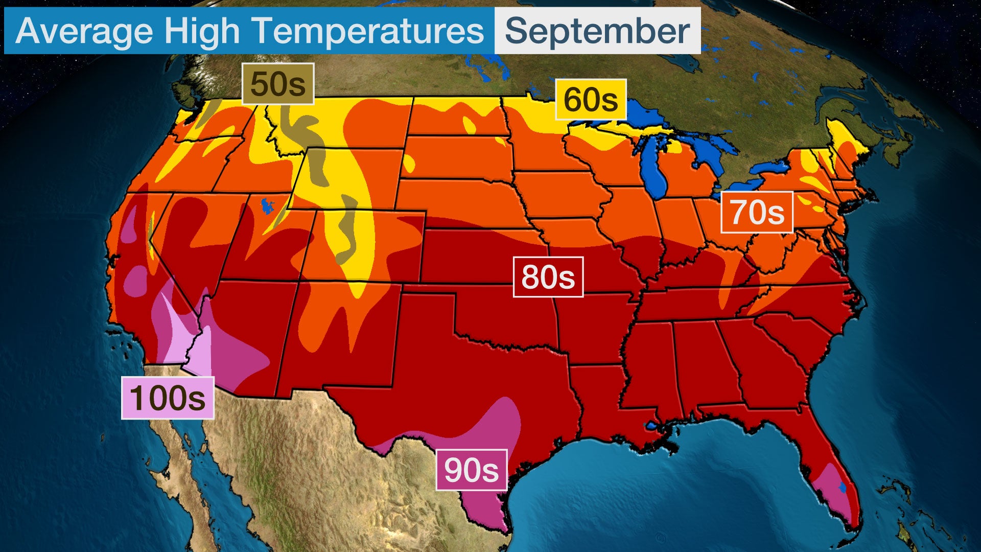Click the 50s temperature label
tap(277, 84)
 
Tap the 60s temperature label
tap(591, 100)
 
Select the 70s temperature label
tap(757, 212)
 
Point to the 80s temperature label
tap(548, 277)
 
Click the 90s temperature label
tap(471, 470)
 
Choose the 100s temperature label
tap(168, 398)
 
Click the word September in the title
tap(597, 31)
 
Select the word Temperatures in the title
tap(368, 31)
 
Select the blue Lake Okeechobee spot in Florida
tap(843, 488)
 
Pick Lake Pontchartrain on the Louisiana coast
tap(651, 425)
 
